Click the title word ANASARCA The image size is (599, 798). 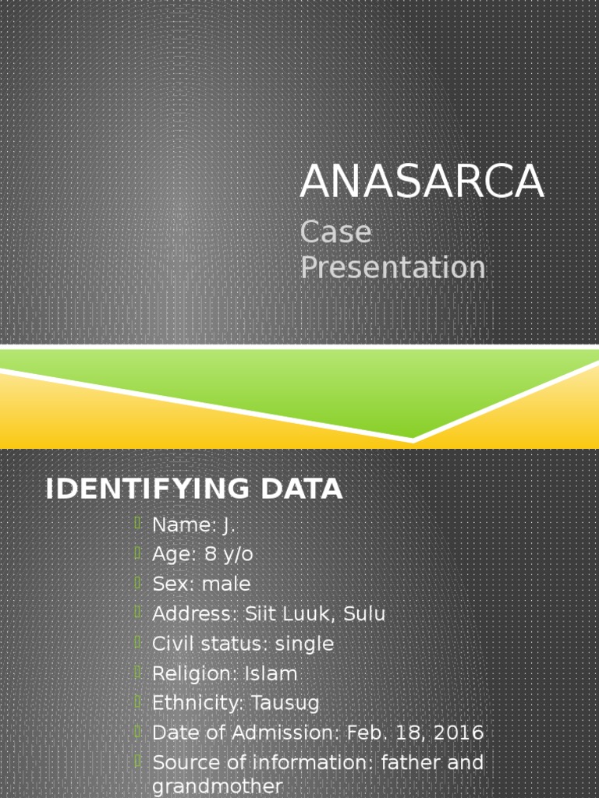[421, 182]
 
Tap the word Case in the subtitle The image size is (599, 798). [336, 232]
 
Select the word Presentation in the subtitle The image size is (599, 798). [393, 267]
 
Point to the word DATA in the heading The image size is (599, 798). [301, 489]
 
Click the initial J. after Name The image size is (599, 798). [229, 525]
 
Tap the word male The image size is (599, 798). [226, 584]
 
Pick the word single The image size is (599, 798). [305, 644]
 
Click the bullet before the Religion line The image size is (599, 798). [138, 672]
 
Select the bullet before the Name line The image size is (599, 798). [138, 524]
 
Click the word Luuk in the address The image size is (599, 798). [310, 614]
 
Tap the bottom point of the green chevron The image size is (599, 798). [413, 440]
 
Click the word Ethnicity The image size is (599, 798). [198, 704]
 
